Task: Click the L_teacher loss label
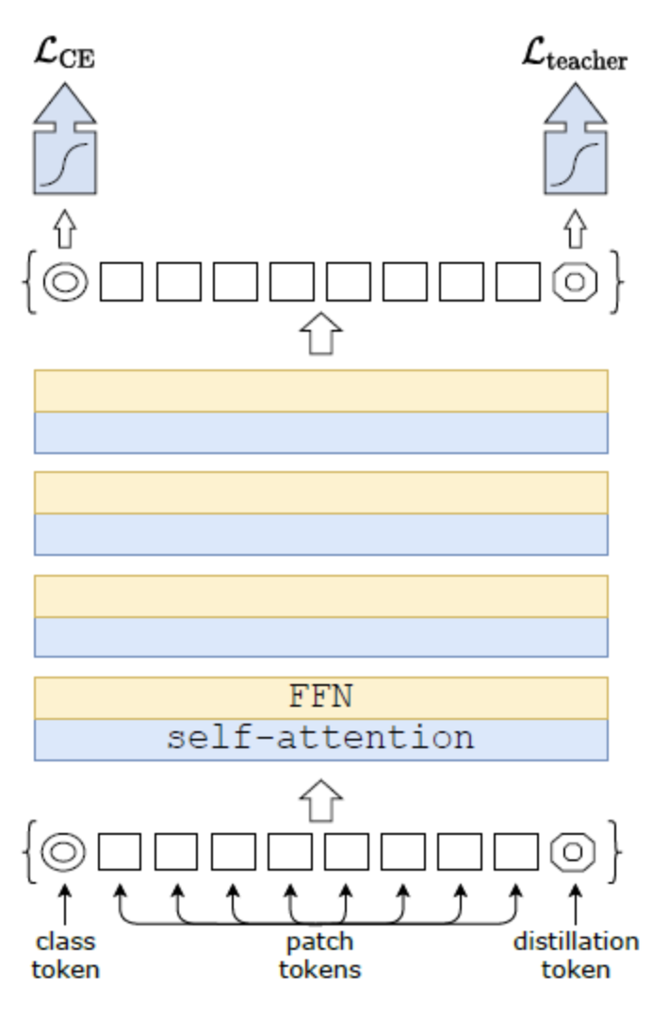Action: (x=574, y=59)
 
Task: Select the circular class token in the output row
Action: (x=65, y=281)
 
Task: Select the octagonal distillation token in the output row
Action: (x=574, y=281)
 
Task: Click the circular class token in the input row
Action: (x=64, y=853)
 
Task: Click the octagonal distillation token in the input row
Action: (x=573, y=853)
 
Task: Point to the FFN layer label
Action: (x=320, y=697)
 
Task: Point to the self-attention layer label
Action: (x=320, y=738)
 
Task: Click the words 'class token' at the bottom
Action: (x=65, y=954)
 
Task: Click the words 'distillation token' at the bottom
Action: (x=576, y=954)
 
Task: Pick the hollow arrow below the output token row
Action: (x=320, y=335)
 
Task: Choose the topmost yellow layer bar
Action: (x=320, y=391)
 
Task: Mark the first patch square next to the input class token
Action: (x=121, y=853)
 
